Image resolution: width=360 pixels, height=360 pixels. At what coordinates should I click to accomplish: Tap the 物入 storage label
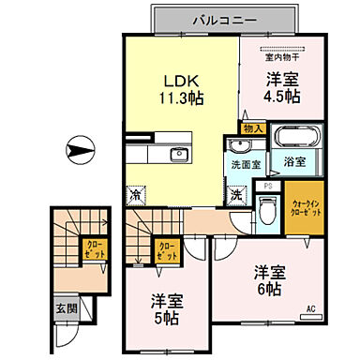click(x=253, y=127)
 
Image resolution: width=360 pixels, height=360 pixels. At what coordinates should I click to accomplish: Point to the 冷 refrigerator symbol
click(x=136, y=196)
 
